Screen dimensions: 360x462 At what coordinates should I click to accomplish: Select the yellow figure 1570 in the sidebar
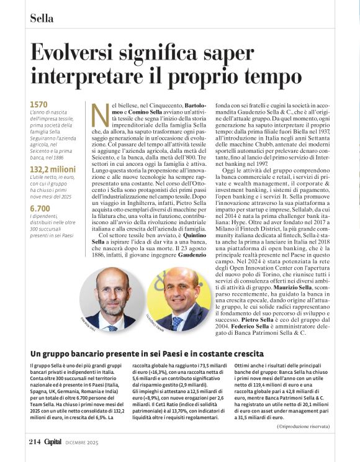click(x=38, y=105)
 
